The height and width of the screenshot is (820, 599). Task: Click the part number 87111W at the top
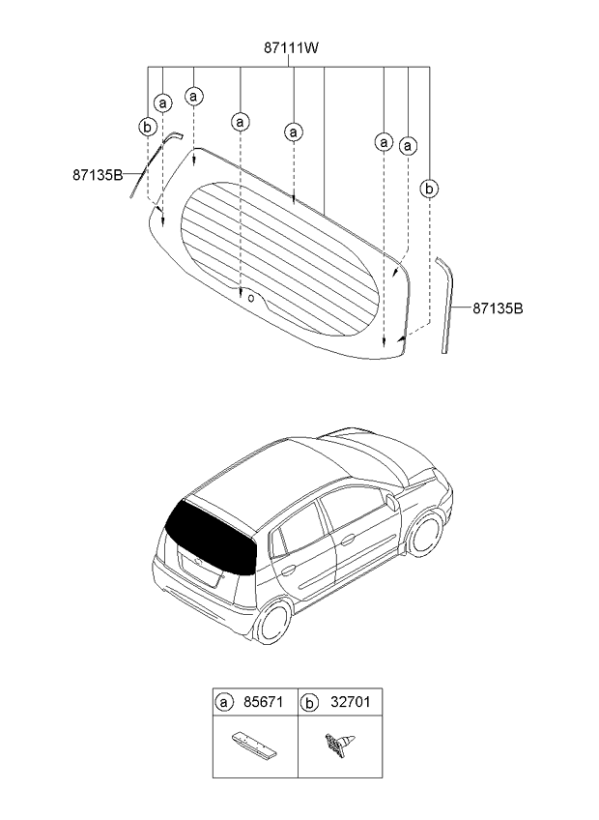click(x=291, y=48)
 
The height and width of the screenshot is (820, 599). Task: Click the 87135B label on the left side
click(x=98, y=175)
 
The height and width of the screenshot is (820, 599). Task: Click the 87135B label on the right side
click(x=498, y=308)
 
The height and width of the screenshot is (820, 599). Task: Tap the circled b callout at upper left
click(x=148, y=127)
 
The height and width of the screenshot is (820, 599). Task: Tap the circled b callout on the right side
click(x=429, y=189)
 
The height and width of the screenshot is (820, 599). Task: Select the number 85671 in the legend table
click(x=263, y=702)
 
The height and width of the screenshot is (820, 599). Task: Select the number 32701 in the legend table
click(x=350, y=702)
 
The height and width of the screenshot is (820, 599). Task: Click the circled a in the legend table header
click(x=224, y=702)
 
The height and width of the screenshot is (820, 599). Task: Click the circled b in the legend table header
click(x=309, y=703)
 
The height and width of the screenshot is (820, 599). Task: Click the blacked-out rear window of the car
click(x=212, y=536)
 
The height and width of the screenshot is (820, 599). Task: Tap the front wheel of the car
click(x=426, y=535)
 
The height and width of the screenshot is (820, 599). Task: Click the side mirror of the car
click(x=389, y=501)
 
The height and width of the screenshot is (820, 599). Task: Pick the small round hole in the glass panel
click(x=251, y=298)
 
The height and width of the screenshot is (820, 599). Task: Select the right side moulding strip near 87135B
click(x=445, y=305)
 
